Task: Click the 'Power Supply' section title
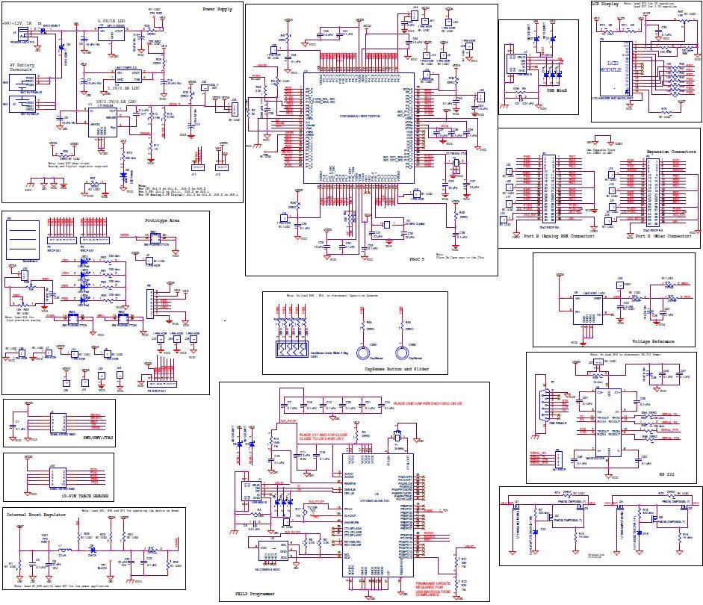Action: pyautogui.click(x=217, y=9)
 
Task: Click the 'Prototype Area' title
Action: pyautogui.click(x=163, y=220)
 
